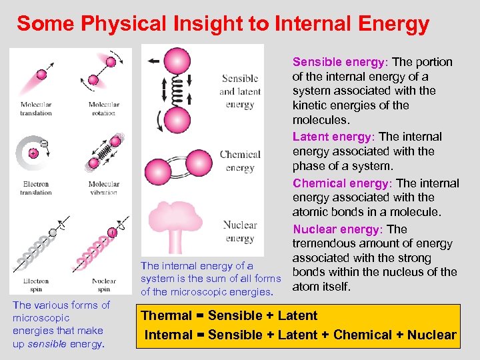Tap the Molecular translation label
pyautogui.click(x=36, y=109)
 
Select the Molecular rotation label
pyautogui.click(x=104, y=109)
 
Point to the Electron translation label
pyautogui.click(x=36, y=188)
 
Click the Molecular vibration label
pyautogui.click(x=104, y=188)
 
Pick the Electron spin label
pyautogui.click(x=36, y=285)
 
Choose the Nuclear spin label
pyautogui.click(x=104, y=285)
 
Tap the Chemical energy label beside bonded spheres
pyautogui.click(x=240, y=161)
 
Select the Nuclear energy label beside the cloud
pyautogui.click(x=240, y=231)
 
